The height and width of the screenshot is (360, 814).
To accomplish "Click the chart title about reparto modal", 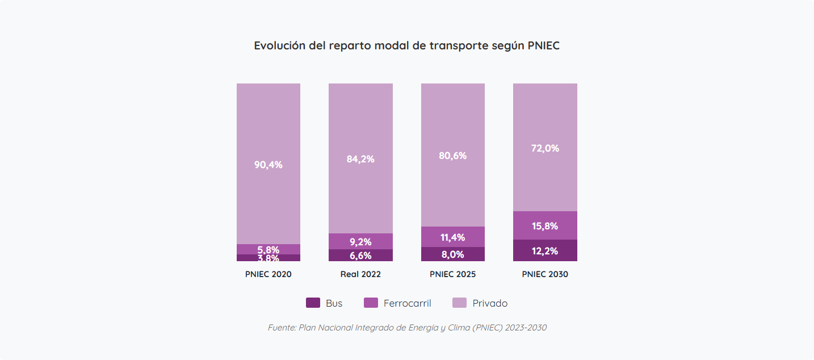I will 406,46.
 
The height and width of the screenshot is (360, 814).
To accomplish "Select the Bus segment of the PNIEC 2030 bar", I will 545,250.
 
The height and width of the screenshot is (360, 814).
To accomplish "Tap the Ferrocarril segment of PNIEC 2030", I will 545,225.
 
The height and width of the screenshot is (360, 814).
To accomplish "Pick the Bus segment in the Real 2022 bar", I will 360,255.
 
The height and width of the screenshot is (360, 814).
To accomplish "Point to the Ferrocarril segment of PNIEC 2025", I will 452,237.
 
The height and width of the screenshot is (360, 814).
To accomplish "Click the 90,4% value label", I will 268,165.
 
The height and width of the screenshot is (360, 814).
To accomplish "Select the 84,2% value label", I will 360,159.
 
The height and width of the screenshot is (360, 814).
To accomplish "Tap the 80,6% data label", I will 452,156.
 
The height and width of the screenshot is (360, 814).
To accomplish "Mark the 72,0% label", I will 545,148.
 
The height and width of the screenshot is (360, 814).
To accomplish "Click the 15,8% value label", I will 545,226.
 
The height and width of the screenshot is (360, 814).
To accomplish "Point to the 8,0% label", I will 452,254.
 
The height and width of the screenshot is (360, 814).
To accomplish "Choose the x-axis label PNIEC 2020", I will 268,274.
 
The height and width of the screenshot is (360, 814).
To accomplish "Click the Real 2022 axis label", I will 360,274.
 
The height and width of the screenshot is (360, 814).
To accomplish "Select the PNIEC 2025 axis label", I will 452,274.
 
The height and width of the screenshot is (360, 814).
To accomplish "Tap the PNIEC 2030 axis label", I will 545,274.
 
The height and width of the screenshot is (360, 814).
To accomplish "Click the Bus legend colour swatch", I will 313,303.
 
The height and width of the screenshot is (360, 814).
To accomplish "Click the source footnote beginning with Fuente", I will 407,328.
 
